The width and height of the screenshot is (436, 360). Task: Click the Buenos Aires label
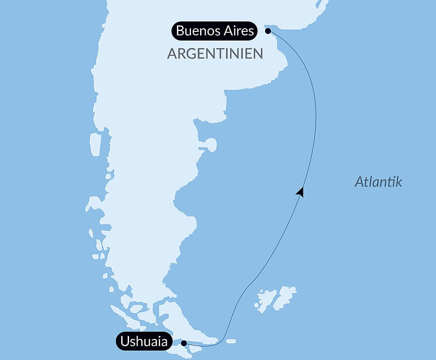[215, 31]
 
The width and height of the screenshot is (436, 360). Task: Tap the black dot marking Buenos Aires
[268, 31]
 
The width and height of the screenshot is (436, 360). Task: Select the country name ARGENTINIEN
[215, 54]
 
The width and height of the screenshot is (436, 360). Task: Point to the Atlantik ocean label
[378, 182]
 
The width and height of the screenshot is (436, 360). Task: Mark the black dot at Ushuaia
[184, 343]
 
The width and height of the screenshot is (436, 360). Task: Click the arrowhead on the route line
[300, 192]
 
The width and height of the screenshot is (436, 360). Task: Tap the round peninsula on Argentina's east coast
[211, 144]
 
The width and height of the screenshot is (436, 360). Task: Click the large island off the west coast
[95, 144]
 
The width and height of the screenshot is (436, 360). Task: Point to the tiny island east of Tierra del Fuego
[231, 341]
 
